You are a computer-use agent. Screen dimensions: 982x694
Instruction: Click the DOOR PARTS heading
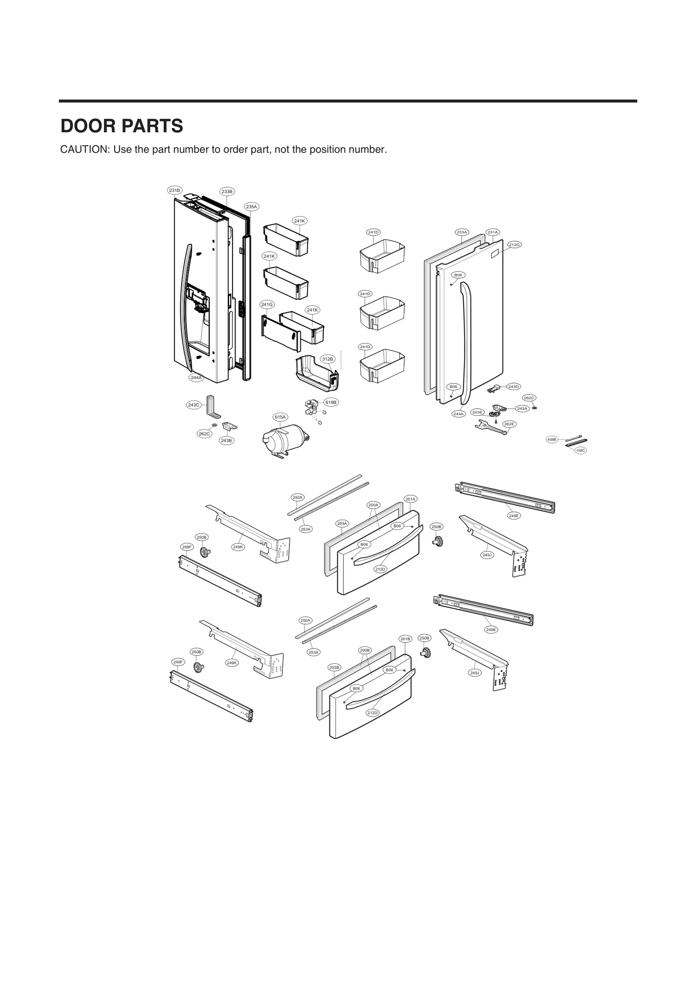pyautogui.click(x=122, y=126)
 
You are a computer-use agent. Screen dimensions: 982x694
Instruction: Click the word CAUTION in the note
pyautogui.click(x=84, y=150)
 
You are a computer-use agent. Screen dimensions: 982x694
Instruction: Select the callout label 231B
pyautogui.click(x=175, y=190)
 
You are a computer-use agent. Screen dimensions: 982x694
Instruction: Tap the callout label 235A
pyautogui.click(x=251, y=207)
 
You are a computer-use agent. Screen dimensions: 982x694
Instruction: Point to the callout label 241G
pyautogui.click(x=267, y=305)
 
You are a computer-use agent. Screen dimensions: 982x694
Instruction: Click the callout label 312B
pyautogui.click(x=327, y=359)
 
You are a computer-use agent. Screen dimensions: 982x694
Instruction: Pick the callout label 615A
pyautogui.click(x=280, y=417)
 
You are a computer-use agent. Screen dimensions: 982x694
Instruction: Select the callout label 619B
pyautogui.click(x=331, y=402)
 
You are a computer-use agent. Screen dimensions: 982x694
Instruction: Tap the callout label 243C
pyautogui.click(x=193, y=405)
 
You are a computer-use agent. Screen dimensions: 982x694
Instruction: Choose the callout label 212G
pyautogui.click(x=514, y=245)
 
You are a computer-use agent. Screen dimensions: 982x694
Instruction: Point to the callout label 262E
pyautogui.click(x=509, y=424)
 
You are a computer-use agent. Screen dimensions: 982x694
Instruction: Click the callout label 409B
pyautogui.click(x=552, y=440)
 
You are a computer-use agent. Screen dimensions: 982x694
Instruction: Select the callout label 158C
pyautogui.click(x=580, y=450)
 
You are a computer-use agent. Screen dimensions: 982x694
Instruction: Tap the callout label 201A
pyautogui.click(x=410, y=499)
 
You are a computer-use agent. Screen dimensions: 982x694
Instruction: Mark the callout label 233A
pyautogui.click(x=462, y=232)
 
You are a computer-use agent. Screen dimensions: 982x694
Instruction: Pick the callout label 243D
pyautogui.click(x=514, y=387)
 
